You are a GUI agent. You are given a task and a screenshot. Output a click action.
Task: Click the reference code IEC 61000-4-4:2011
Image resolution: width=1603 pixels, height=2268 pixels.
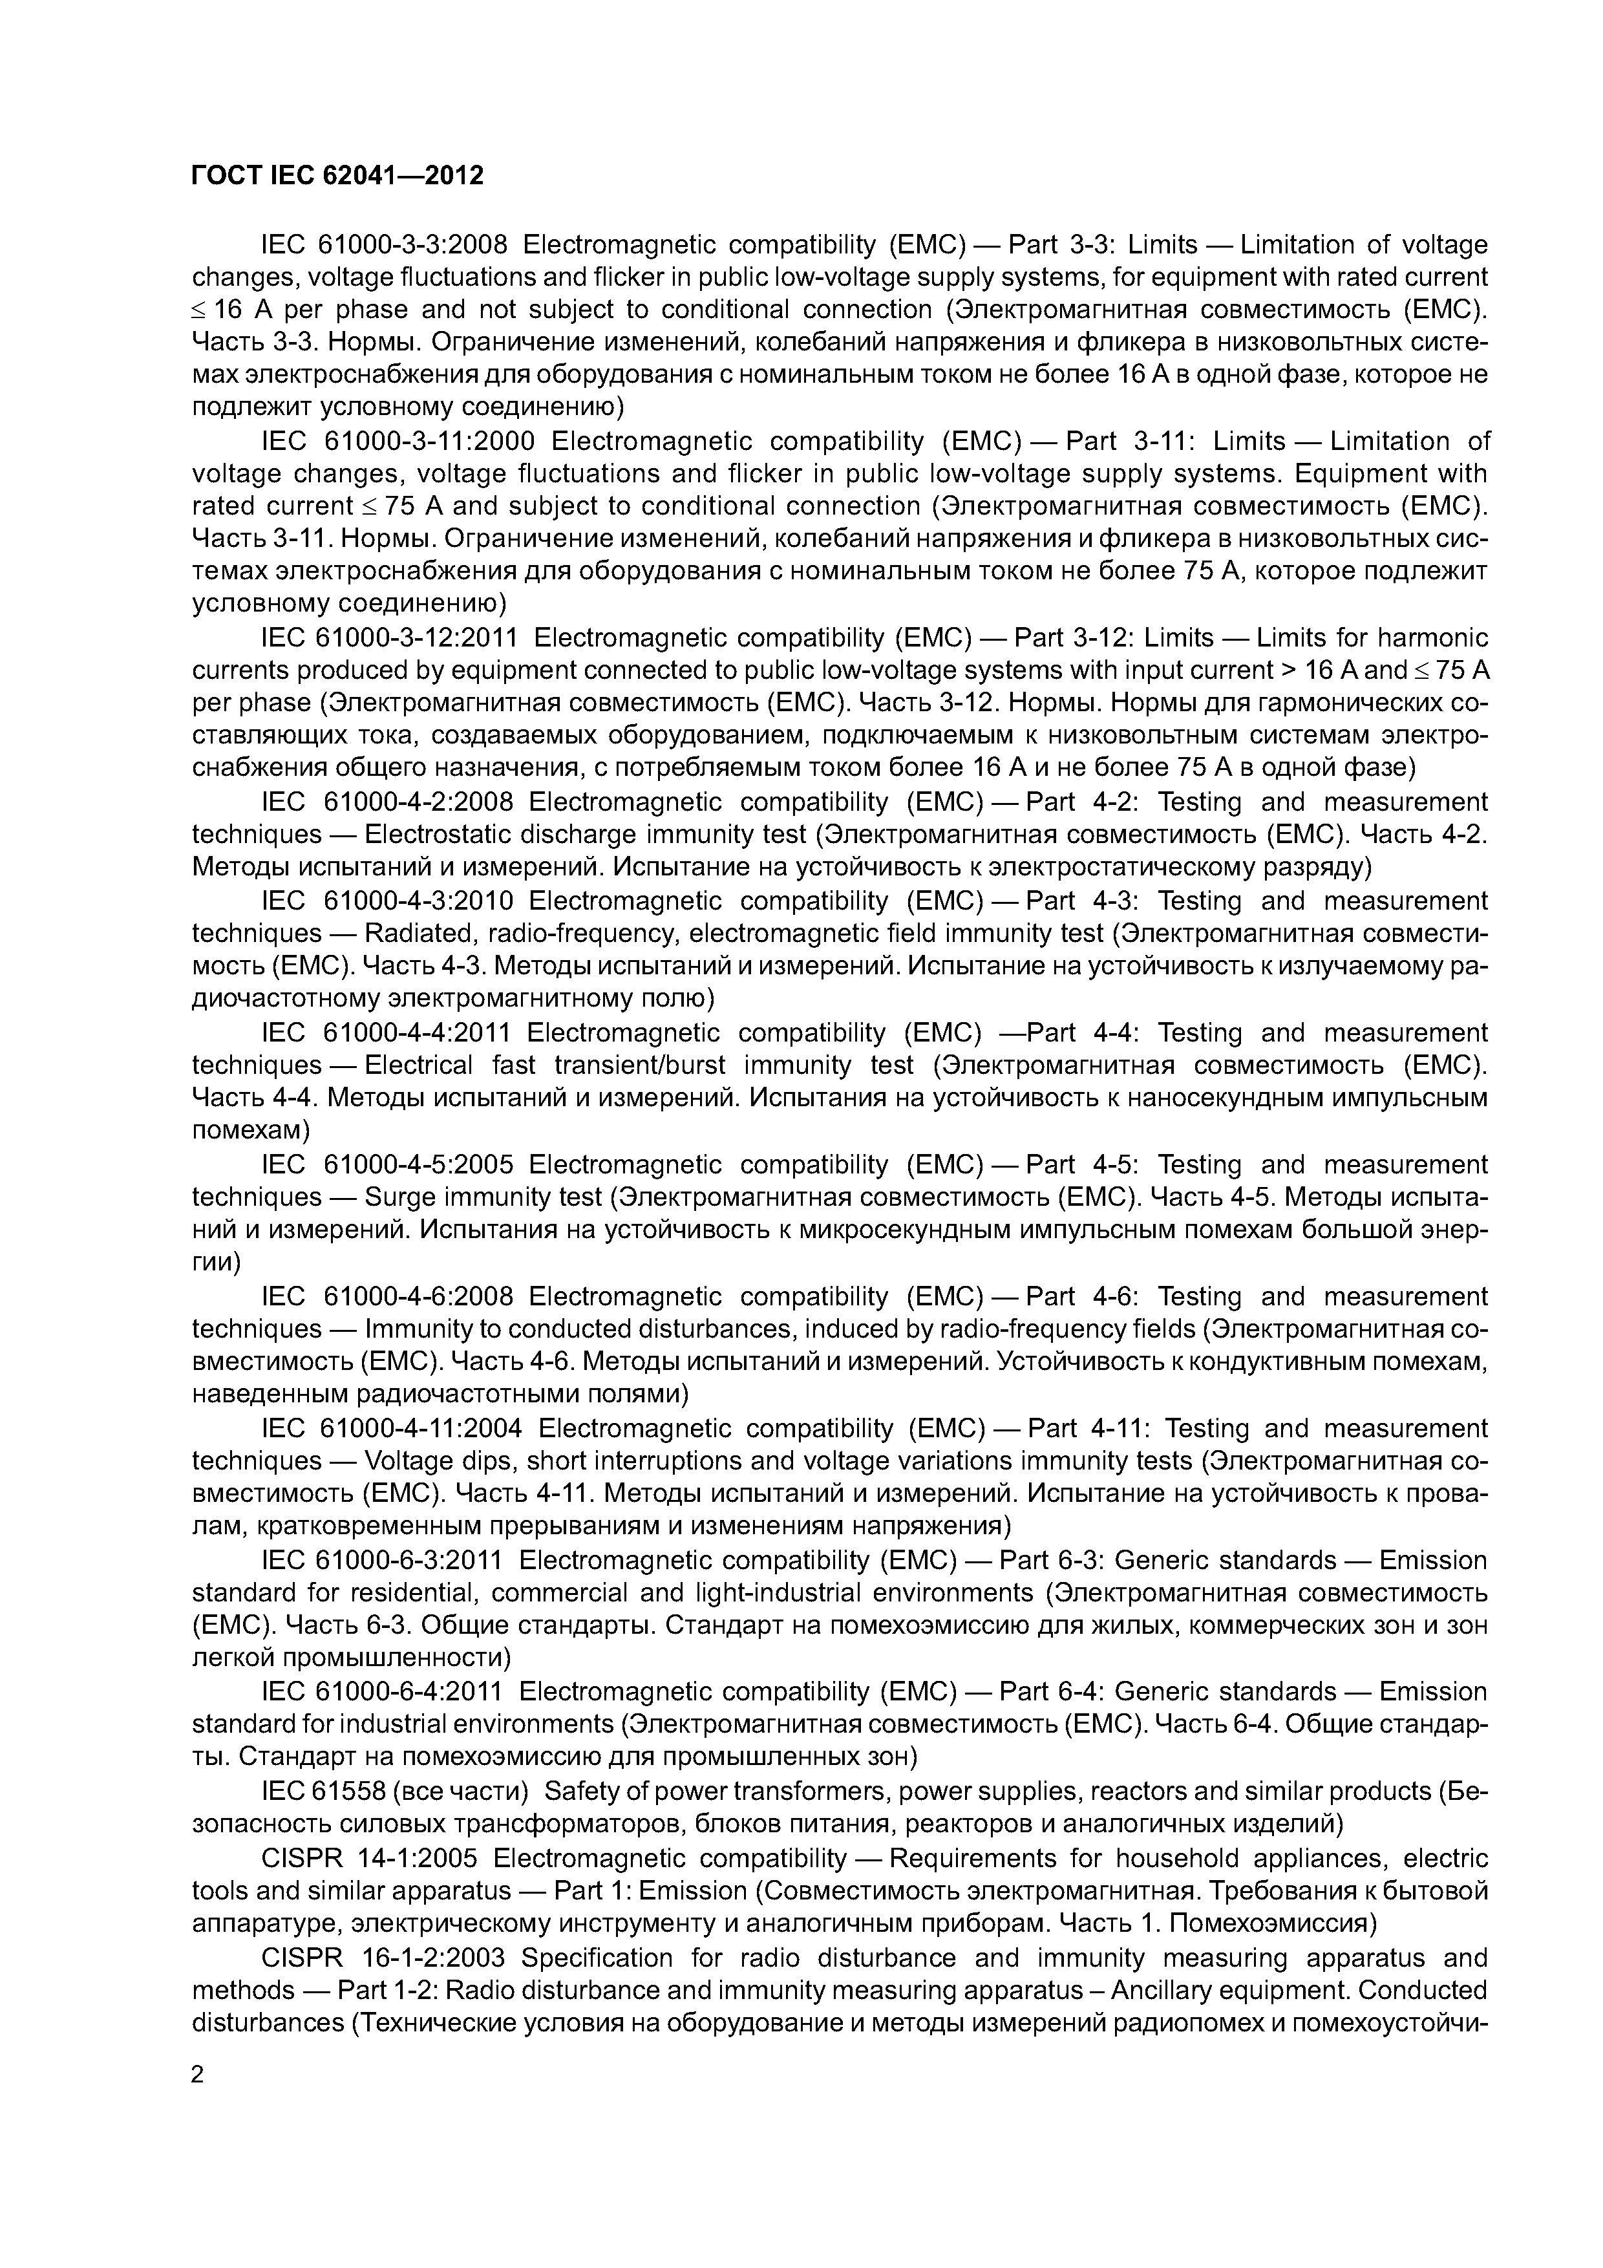[386, 1032]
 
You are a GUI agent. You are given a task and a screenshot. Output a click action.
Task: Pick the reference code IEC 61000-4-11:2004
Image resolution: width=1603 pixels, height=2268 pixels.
[391, 1428]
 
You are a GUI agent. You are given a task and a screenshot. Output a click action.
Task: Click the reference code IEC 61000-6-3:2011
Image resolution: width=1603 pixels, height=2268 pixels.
[382, 1560]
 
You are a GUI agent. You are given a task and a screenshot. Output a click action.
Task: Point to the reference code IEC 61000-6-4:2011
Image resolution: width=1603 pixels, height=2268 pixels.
[382, 1691]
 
